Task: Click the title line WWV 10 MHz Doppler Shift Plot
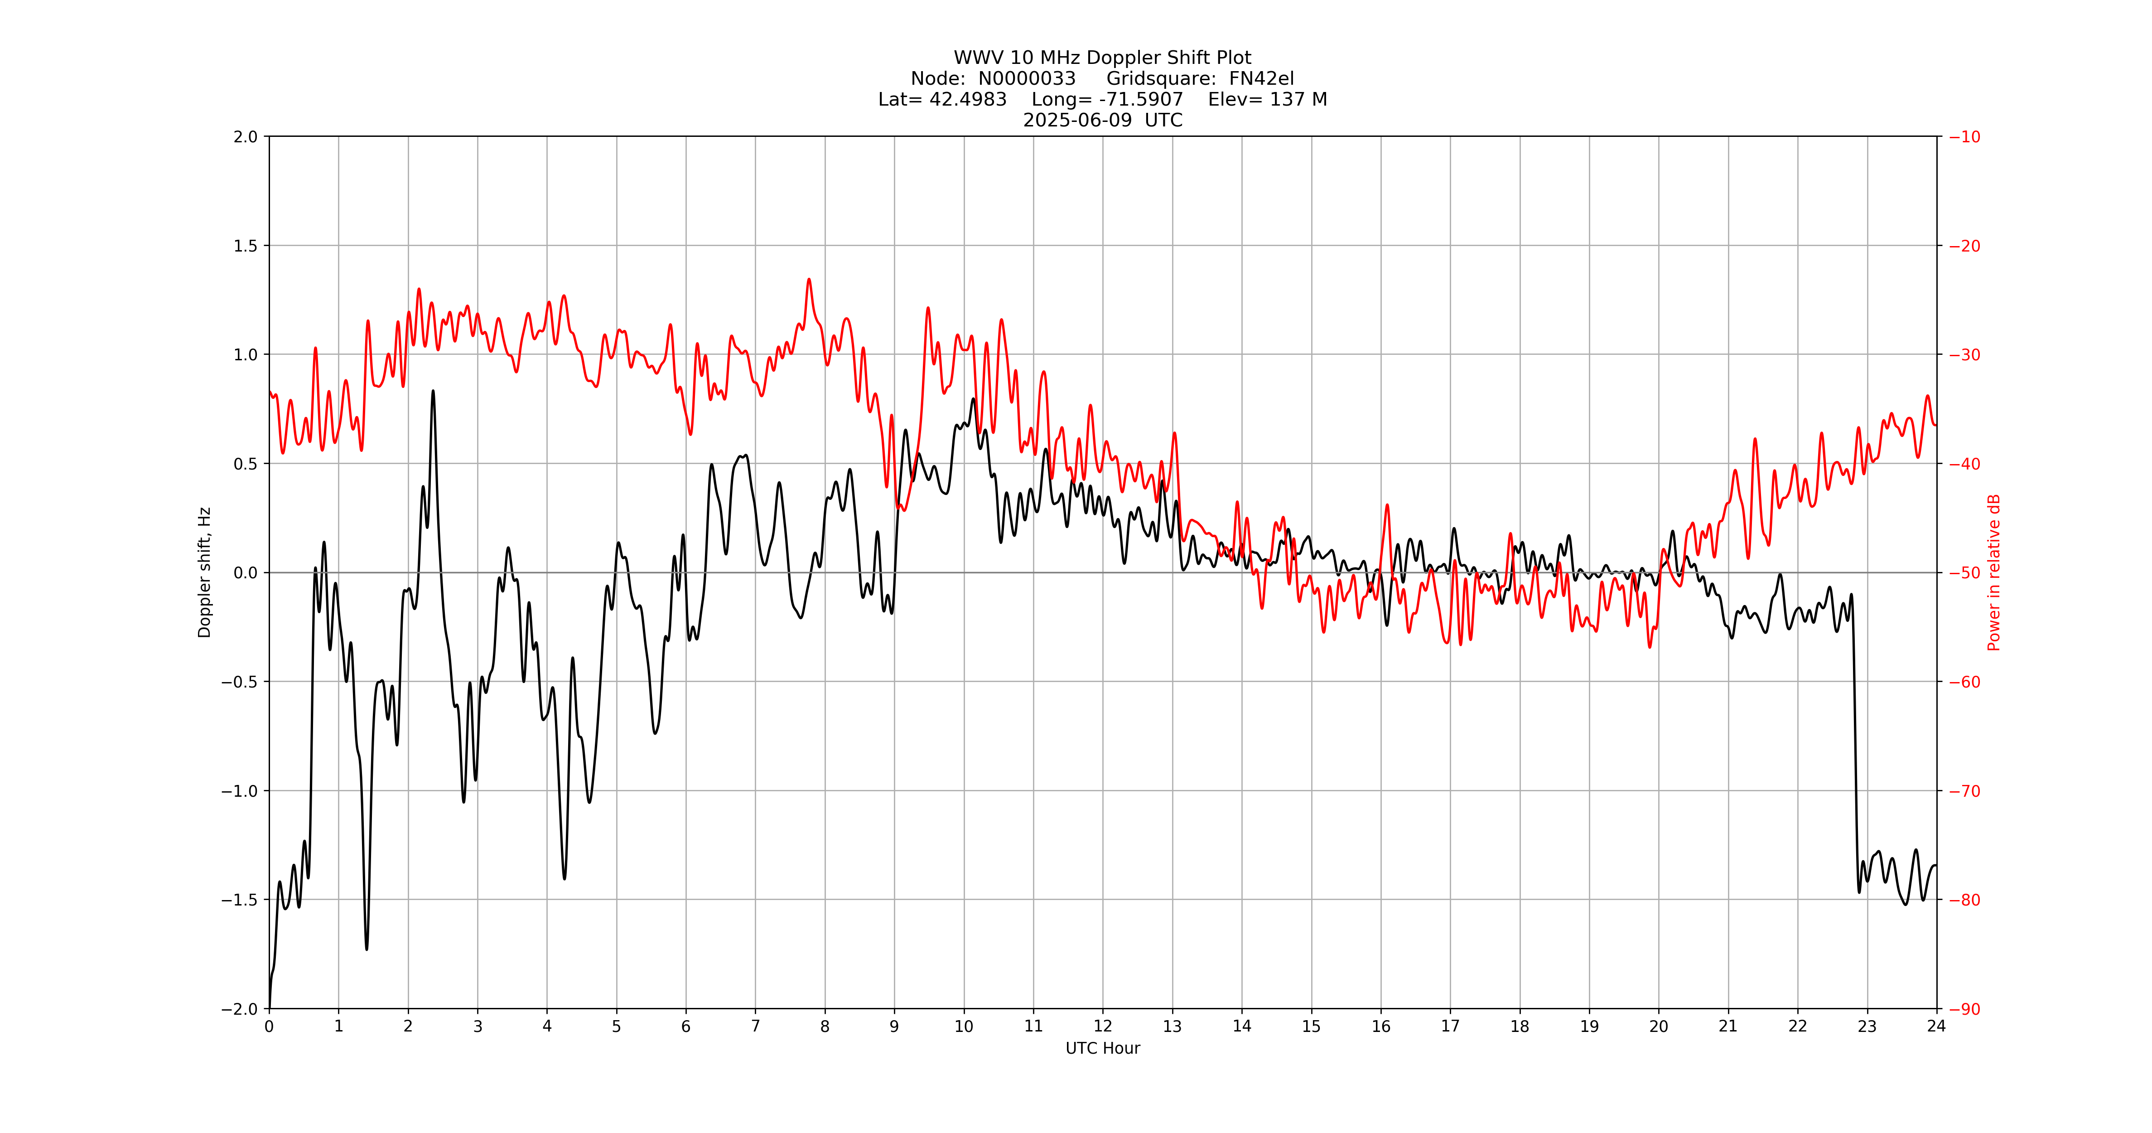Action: point(1102,58)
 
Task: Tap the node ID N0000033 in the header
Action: point(1027,78)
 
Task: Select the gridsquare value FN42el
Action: point(1261,78)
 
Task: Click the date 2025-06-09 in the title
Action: point(1077,120)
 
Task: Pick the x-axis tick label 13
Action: point(1172,1026)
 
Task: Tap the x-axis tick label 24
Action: point(1935,1026)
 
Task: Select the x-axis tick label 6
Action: point(686,1026)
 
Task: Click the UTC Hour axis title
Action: point(1102,1048)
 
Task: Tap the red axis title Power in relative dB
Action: point(1993,572)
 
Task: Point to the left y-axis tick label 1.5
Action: point(246,246)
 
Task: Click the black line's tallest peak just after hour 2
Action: point(433,391)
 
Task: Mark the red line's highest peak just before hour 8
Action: point(809,280)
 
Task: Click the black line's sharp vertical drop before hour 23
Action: point(1855,752)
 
